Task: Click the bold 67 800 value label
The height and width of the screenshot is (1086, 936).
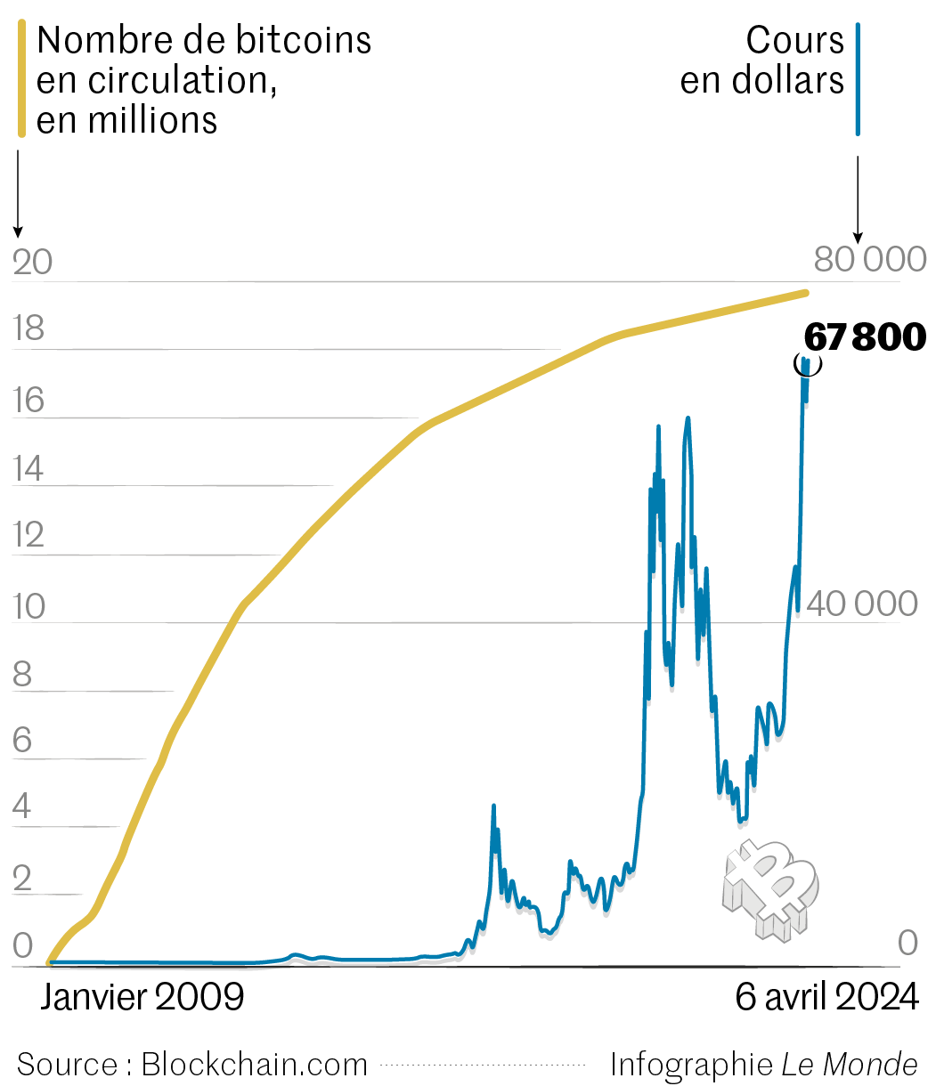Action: (x=865, y=338)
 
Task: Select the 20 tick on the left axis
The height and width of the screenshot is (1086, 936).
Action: (x=33, y=263)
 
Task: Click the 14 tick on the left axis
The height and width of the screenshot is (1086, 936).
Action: (x=28, y=469)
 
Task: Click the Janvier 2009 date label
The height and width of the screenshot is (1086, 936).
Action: (x=142, y=997)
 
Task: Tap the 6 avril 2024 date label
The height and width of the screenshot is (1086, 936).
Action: (x=826, y=997)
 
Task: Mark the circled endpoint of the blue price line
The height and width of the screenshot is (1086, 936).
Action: (x=807, y=363)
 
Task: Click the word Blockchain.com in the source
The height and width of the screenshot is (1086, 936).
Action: (x=255, y=1065)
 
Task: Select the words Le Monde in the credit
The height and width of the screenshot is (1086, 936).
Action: (x=850, y=1065)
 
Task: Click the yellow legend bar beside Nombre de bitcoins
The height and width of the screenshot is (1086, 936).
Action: (x=23, y=80)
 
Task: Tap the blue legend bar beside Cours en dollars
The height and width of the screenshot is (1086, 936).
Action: (x=858, y=80)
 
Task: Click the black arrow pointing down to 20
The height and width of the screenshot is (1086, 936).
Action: (x=18, y=196)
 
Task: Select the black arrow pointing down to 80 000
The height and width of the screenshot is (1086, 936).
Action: (x=858, y=200)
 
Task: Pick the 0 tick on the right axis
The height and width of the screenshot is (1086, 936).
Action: (x=908, y=944)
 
